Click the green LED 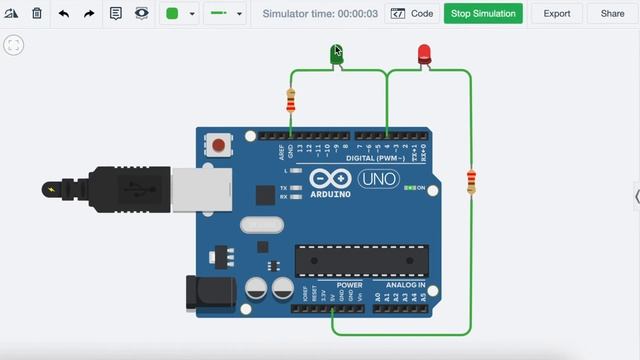(x=337, y=55)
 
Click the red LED (x=424, y=54)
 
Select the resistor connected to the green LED (x=291, y=100)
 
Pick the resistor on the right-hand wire (x=471, y=182)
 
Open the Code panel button (x=412, y=14)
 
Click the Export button (x=557, y=14)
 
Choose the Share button (x=612, y=14)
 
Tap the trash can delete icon (x=37, y=14)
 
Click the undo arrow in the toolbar (x=64, y=14)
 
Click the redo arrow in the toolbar (x=89, y=14)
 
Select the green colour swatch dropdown (x=179, y=14)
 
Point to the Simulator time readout (x=320, y=14)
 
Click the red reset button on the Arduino (x=218, y=146)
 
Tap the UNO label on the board (x=378, y=179)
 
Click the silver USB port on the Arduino (x=201, y=189)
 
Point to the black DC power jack (x=211, y=292)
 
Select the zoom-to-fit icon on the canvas (x=14, y=46)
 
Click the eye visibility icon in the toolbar (x=142, y=14)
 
